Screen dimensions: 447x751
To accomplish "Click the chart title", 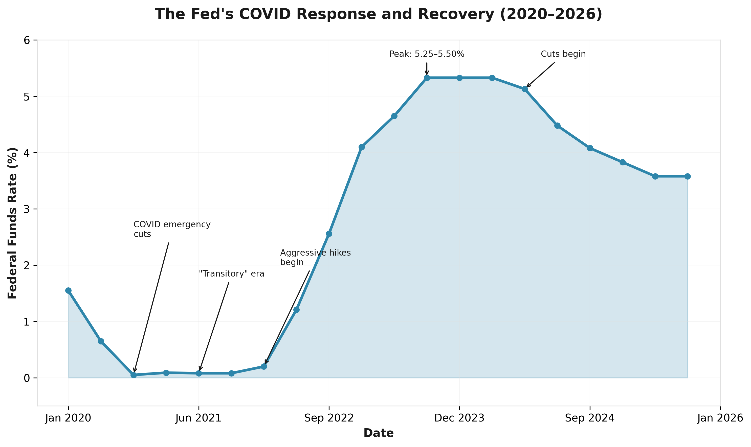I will click(x=378, y=14).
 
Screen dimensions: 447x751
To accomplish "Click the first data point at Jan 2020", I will click(x=69, y=290).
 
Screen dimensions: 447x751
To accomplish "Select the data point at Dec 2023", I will click(x=459, y=78).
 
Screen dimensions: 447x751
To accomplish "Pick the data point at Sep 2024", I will click(x=590, y=148).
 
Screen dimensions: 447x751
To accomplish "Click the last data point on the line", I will click(x=688, y=176).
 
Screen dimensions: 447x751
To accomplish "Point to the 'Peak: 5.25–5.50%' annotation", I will click(x=427, y=54).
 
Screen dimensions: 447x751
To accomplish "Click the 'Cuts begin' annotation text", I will click(x=563, y=54).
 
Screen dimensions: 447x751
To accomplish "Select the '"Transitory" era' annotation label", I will click(x=231, y=274).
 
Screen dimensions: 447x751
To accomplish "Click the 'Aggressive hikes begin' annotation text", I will click(x=315, y=257).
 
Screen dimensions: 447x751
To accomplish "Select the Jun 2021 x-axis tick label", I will click(x=198, y=418).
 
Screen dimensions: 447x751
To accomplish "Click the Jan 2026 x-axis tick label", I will click(x=720, y=418).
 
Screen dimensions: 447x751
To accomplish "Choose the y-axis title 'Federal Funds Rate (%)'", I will click(x=13, y=223).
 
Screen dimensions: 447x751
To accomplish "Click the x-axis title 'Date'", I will click(x=378, y=433).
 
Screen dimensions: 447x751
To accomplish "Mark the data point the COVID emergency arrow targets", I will click(x=134, y=375).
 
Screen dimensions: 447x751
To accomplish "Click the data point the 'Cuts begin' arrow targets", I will click(x=525, y=89).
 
